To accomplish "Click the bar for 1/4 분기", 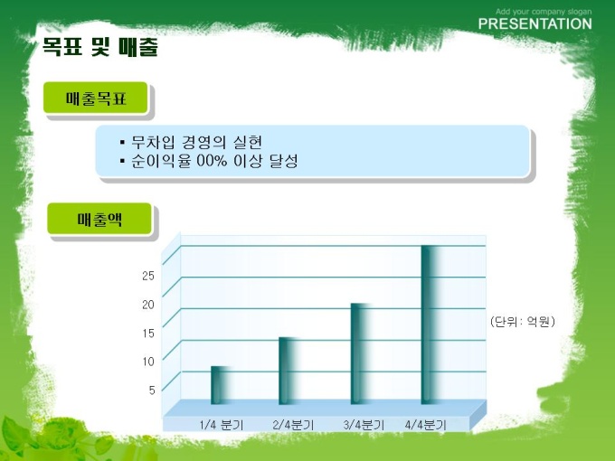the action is [x=221, y=385].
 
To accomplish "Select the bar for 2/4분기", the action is [x=289, y=371].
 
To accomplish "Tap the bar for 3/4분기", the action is [x=361, y=353].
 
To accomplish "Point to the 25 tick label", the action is [x=148, y=276].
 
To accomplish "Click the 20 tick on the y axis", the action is [x=148, y=305].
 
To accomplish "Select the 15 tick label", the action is [x=148, y=334].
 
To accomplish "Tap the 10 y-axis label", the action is [x=148, y=362].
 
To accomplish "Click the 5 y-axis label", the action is [x=152, y=390].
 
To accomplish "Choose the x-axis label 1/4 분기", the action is [x=222, y=425].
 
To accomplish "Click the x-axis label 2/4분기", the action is [x=293, y=425].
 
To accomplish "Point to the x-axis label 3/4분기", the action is [x=364, y=425].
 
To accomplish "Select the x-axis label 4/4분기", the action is [x=426, y=425].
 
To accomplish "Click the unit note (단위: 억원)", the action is [x=523, y=322].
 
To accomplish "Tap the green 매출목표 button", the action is [x=95, y=98].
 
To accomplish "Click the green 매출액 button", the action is [x=99, y=219].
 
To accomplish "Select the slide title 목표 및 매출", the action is [x=100, y=47].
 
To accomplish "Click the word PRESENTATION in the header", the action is [x=535, y=24].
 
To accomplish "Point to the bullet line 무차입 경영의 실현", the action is [x=192, y=142].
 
